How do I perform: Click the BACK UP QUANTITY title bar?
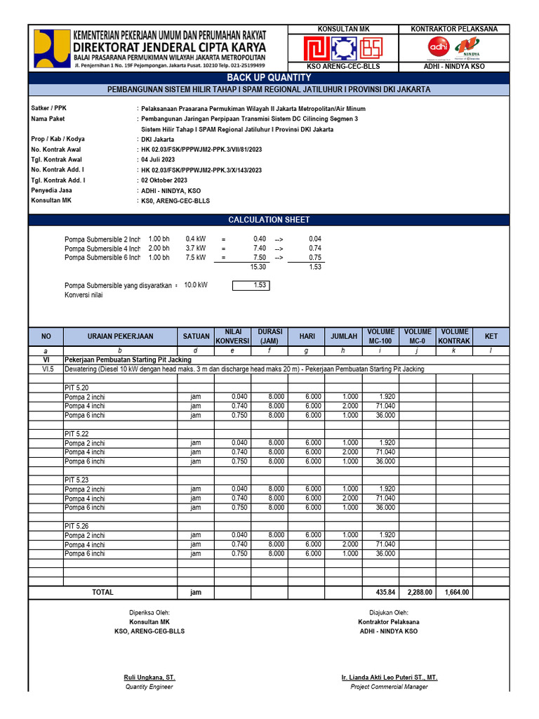click(269, 78)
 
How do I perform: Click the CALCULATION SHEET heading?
click(269, 220)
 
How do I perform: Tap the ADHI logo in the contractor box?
click(439, 46)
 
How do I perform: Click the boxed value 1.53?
click(252, 285)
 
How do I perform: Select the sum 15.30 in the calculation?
click(258, 267)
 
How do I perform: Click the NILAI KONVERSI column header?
click(233, 336)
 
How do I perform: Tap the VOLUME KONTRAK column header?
click(454, 336)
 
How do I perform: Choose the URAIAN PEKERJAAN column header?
click(120, 336)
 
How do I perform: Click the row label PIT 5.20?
click(76, 387)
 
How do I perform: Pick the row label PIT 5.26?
click(76, 526)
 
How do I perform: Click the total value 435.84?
click(385, 592)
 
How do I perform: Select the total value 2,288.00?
click(420, 592)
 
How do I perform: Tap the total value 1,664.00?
click(456, 592)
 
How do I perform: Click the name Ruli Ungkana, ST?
click(149, 677)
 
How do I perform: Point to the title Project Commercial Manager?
click(389, 686)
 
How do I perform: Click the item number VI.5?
click(47, 369)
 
